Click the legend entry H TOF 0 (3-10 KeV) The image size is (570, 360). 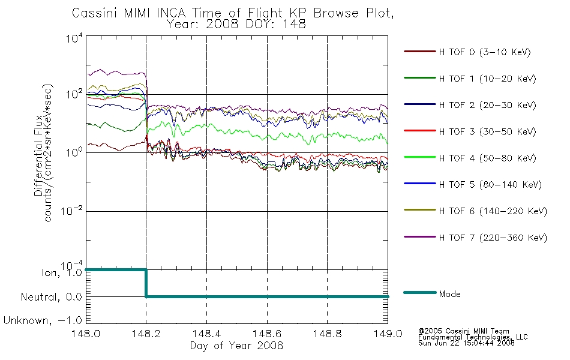tap(485, 52)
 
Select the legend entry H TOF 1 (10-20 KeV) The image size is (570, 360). tap(487, 79)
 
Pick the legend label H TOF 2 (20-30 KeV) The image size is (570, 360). tap(487, 105)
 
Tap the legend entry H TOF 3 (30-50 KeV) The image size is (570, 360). tap(487, 131)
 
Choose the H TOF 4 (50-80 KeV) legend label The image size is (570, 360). tap(487, 158)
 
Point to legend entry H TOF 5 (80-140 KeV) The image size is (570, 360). tap(490, 185)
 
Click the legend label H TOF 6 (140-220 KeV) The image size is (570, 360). tap(493, 211)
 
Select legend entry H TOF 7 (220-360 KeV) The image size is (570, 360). tap(493, 238)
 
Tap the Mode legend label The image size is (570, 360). tap(449, 294)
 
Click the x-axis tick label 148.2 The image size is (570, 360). tap(146, 334)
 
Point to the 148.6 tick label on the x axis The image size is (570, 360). tap(267, 334)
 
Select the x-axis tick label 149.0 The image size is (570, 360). tap(388, 334)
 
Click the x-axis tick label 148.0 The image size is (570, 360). tap(86, 334)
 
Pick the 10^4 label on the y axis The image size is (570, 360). tap(74, 38)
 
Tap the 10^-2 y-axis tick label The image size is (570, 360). tap(71, 211)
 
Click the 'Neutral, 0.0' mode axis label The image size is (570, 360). tap(51, 297)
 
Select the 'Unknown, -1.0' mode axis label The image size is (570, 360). tap(43, 320)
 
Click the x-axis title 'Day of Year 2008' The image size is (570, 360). tap(236, 346)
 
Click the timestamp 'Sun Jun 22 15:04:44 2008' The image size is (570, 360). tap(466, 343)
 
